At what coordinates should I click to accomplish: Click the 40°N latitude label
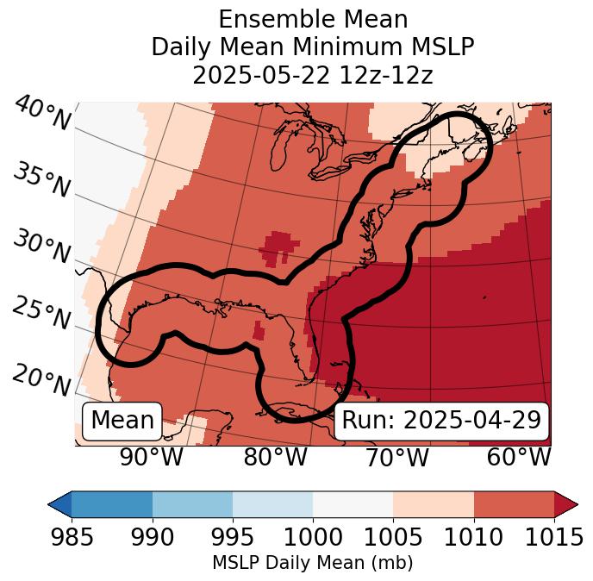click(41, 114)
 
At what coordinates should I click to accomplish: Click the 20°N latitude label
click(41, 380)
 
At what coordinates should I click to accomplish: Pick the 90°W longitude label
click(151, 458)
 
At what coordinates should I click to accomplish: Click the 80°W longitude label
click(275, 458)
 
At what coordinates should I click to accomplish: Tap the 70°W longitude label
click(396, 458)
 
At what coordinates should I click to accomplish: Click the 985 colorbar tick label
click(72, 537)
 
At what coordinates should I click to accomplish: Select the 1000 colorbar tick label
click(313, 537)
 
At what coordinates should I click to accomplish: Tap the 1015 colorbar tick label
click(554, 537)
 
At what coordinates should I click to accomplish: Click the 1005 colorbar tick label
click(393, 537)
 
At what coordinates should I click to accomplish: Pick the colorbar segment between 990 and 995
click(192, 503)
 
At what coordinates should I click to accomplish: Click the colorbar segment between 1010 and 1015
click(514, 503)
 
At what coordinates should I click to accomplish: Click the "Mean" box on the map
click(122, 421)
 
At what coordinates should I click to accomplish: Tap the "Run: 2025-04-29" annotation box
click(441, 421)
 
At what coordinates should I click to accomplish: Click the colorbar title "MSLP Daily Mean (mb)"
click(313, 563)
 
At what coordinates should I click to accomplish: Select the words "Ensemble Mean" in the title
click(313, 19)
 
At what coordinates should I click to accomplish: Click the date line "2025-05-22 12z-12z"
click(313, 75)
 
